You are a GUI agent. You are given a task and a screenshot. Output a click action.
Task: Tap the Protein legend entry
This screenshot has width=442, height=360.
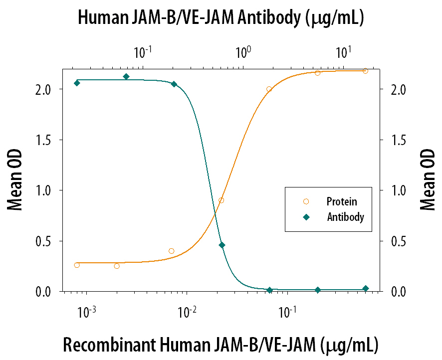[341, 201]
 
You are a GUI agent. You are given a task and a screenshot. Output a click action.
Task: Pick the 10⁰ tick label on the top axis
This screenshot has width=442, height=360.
[243, 51]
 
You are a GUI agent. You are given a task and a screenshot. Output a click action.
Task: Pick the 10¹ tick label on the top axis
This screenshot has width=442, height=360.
[343, 51]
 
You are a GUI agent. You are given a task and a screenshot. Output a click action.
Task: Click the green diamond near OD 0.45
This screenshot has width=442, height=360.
[222, 245]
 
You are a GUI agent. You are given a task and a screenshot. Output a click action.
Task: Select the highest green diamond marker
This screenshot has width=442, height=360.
[126, 76]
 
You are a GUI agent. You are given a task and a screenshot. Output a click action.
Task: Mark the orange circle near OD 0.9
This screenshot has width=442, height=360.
[221, 200]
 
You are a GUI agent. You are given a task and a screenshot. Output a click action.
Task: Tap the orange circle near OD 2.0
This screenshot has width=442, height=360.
[269, 89]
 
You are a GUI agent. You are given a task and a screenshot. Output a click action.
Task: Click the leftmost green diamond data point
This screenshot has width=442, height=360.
[77, 83]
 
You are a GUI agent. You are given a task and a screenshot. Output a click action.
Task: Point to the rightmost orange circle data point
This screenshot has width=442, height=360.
[365, 71]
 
